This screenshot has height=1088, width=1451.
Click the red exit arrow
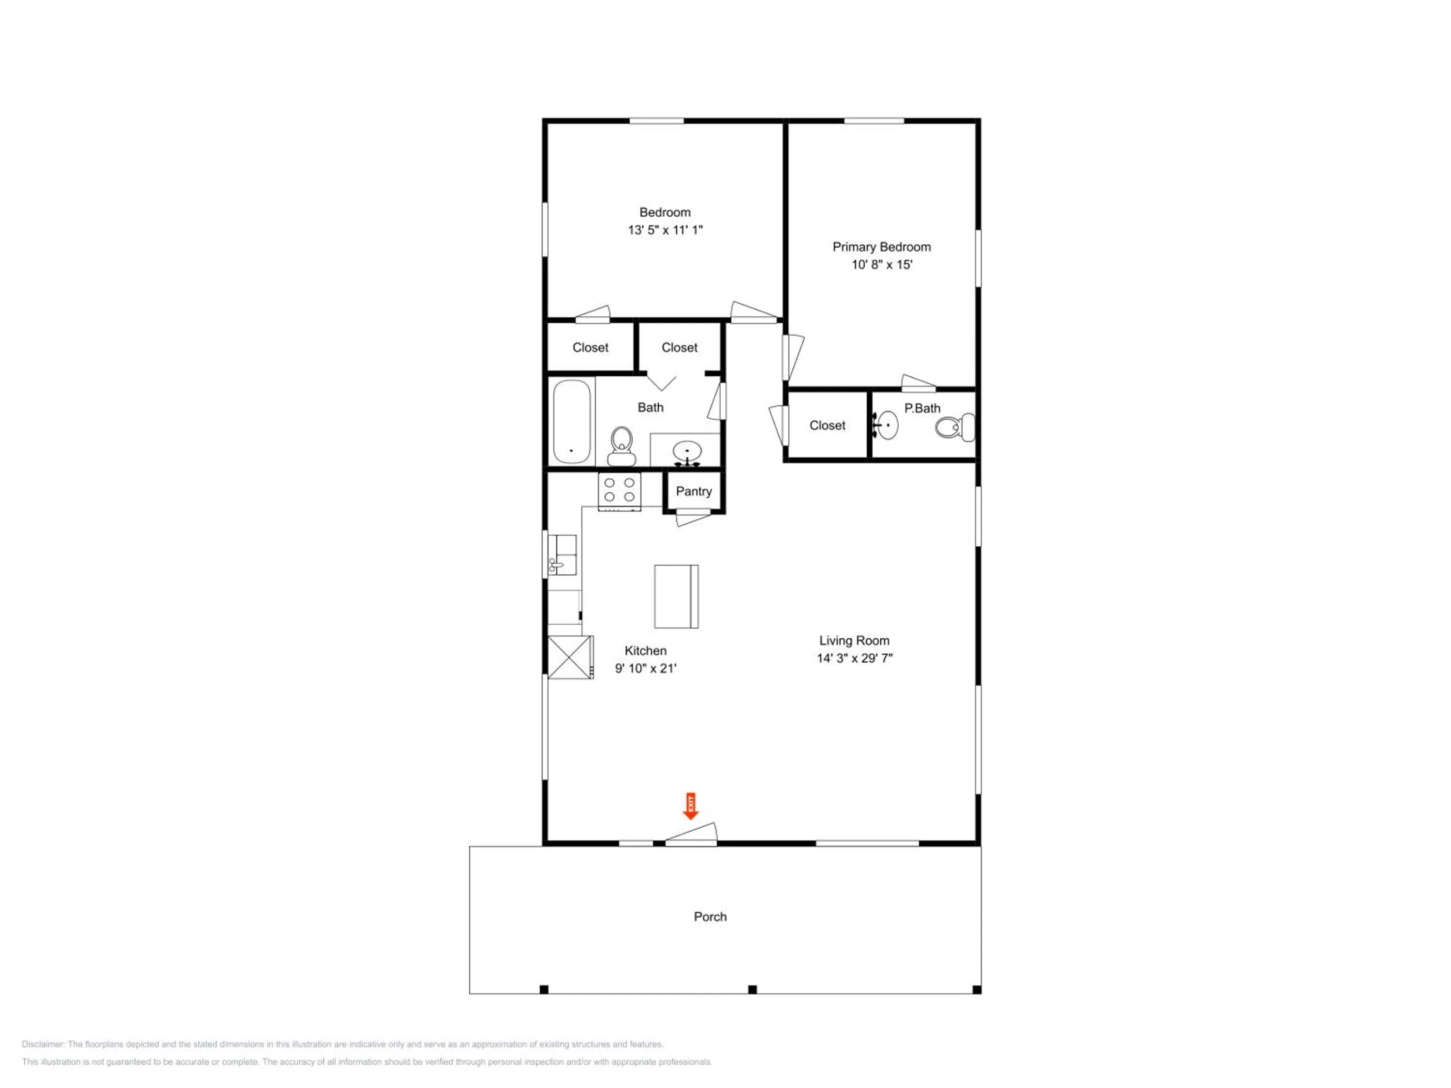click(x=690, y=806)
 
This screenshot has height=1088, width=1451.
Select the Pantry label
click(x=694, y=491)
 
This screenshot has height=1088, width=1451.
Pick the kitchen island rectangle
click(x=676, y=596)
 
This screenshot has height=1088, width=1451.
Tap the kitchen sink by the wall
click(x=562, y=555)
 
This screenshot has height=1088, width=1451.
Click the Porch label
click(x=711, y=916)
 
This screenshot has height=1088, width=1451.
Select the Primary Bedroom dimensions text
click(x=882, y=265)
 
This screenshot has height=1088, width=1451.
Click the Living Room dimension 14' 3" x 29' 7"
click(x=855, y=658)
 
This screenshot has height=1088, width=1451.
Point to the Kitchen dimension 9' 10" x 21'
click(x=646, y=668)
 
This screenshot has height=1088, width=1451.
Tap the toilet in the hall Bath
click(x=621, y=446)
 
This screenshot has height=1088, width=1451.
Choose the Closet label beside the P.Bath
click(x=827, y=426)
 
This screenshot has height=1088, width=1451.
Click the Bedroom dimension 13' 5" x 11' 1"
click(x=665, y=230)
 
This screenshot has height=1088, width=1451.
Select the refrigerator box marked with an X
click(x=571, y=657)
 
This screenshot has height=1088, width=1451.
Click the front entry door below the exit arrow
click(x=691, y=834)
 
